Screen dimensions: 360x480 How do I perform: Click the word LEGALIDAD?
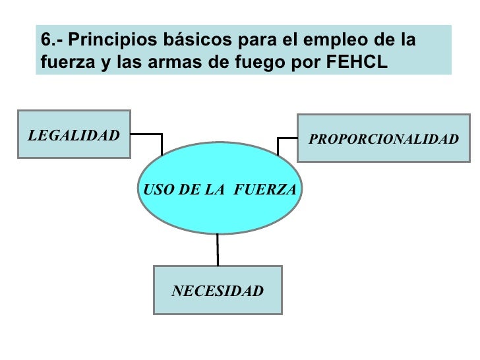74,136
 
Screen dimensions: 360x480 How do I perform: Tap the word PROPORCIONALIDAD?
384,139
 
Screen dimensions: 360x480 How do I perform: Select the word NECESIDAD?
218,291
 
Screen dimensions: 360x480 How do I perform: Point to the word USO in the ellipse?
156,189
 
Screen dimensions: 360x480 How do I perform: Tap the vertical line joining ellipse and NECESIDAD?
218,249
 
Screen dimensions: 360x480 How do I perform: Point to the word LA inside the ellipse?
215,189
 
